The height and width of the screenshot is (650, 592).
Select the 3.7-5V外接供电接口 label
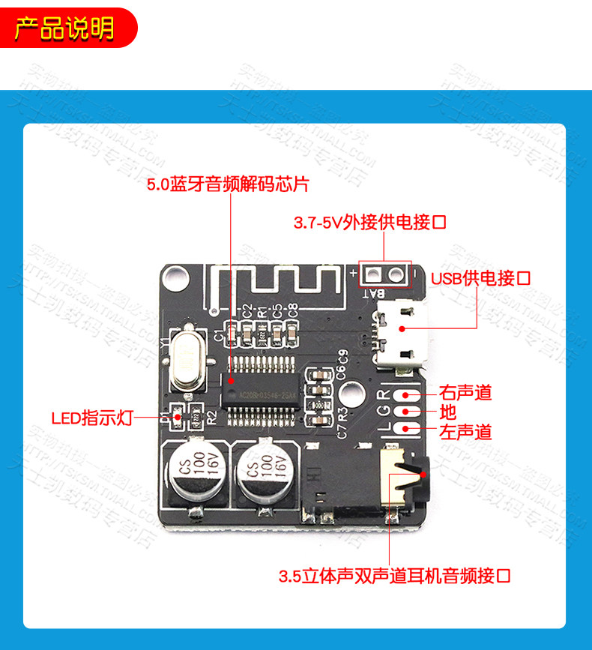pos(369,223)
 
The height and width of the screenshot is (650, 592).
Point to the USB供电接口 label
pos(480,278)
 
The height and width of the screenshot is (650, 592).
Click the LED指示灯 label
pos(91,418)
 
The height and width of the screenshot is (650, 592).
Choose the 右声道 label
pos(465,392)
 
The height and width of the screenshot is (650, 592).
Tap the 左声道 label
pos(465,432)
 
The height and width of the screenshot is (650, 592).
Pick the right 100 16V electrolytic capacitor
pos(263,475)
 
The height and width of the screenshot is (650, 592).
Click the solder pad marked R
pos(410,395)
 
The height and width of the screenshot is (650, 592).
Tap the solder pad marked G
pos(410,412)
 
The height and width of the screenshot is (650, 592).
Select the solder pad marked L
pos(410,429)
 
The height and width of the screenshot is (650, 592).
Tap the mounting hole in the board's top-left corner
pos(175,277)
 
